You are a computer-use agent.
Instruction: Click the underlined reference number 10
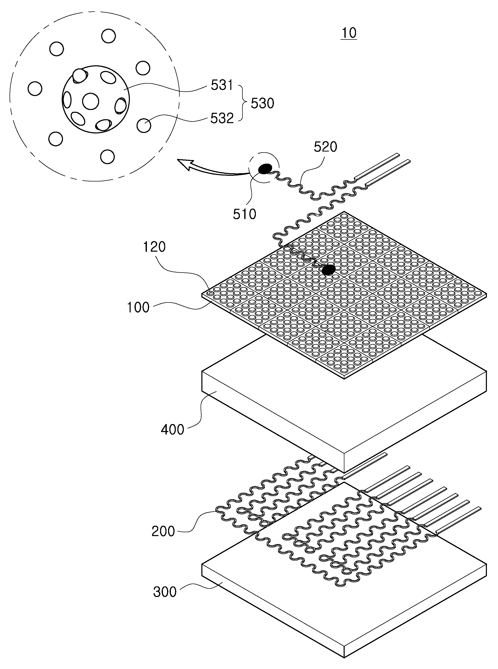349,33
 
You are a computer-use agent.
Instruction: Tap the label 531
222,85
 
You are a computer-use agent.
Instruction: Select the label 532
222,118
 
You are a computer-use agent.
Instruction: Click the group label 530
263,103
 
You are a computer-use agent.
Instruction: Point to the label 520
326,147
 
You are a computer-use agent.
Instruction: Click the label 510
244,214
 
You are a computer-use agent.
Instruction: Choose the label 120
154,247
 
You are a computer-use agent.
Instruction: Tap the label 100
138,307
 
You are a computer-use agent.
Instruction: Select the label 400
172,429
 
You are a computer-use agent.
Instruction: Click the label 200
163,531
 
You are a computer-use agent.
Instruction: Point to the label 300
165,592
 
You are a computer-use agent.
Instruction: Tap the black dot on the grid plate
328,269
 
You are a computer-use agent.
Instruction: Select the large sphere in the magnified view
96,99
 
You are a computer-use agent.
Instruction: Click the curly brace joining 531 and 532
243,103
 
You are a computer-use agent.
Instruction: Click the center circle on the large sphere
91,101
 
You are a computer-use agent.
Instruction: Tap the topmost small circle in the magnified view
108,36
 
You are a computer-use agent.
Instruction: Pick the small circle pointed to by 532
144,125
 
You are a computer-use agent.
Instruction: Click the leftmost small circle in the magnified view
35,89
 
